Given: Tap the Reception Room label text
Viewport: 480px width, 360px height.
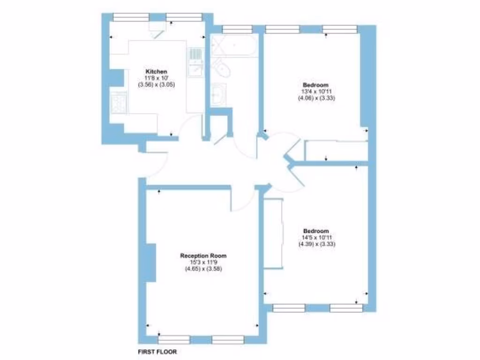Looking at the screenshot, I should [x=203, y=256].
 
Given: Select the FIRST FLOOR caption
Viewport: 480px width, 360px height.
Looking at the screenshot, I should [x=157, y=352].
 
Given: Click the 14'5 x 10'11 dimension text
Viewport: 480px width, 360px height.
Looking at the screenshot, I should [x=315, y=238].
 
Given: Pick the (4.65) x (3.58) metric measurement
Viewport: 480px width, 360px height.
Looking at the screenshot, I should [x=203, y=269].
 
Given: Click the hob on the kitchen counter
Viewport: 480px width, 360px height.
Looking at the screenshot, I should [x=119, y=103].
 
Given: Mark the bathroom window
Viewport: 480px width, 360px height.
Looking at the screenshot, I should [x=237, y=30].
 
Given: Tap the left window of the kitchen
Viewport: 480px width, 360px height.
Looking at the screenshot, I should [x=131, y=16].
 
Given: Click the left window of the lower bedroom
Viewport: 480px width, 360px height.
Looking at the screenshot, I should [x=289, y=308].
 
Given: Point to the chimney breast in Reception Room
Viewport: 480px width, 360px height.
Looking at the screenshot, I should [x=150, y=262].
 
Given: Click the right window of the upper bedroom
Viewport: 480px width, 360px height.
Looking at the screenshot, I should [x=340, y=30].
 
